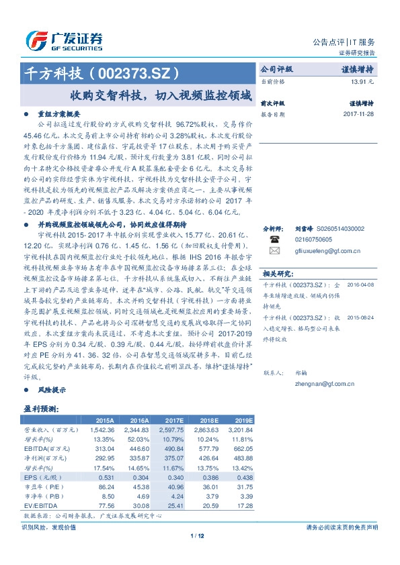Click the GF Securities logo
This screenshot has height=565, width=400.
click(x=64, y=41)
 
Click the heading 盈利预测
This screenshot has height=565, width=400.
click(x=41, y=408)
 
